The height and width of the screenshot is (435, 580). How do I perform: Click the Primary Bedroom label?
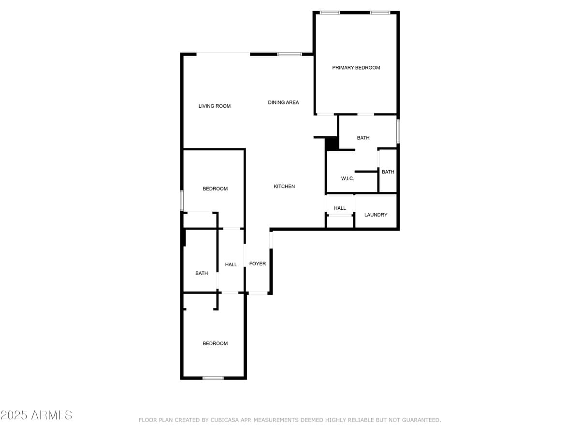pos(356,68)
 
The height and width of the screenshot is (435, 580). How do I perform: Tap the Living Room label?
pos(215,106)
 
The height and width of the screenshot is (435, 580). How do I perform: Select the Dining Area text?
pos(283,102)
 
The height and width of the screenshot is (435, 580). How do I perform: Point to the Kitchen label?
pos(284,187)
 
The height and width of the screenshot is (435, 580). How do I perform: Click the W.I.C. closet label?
pos(348,179)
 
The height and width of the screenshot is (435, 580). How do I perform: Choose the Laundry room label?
pos(376,215)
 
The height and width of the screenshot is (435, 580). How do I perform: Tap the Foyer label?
pos(258,264)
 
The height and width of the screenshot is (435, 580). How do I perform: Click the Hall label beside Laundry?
pos(340,208)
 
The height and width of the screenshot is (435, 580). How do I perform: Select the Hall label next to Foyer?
pos(231,265)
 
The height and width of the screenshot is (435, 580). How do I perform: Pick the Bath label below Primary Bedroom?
pos(363,138)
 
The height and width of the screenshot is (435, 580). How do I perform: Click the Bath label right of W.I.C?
pos(388,172)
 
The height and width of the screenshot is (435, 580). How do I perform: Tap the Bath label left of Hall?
pos(202,274)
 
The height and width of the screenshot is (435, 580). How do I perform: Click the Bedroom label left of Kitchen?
pos(215,189)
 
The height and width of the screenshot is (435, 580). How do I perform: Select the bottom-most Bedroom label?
pos(215,344)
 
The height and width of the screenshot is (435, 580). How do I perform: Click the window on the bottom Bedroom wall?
pos(213,378)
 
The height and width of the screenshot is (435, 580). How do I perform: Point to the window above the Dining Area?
pos(290,54)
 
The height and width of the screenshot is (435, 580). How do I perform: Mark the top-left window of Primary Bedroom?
pos(330,13)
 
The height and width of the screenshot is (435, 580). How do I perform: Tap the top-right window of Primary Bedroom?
pos(380,13)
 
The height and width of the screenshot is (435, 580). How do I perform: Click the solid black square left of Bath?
pos(332,144)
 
